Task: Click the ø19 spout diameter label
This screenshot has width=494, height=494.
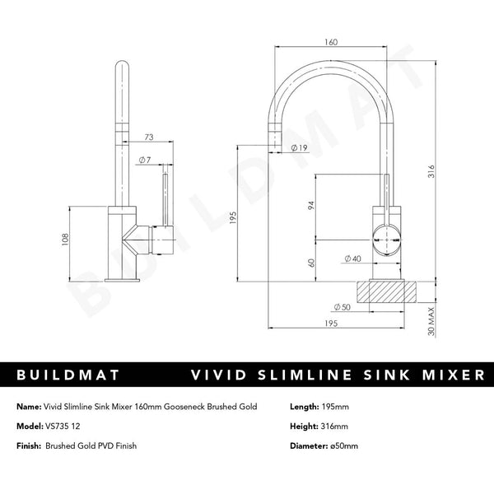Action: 299,147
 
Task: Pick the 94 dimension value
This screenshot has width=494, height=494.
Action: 312,206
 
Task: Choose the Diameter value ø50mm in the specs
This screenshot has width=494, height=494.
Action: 341,445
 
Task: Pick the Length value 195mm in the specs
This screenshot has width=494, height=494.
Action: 333,406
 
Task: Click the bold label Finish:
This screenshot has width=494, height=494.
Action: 30,445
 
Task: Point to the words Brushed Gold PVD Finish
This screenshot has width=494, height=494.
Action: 91,445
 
